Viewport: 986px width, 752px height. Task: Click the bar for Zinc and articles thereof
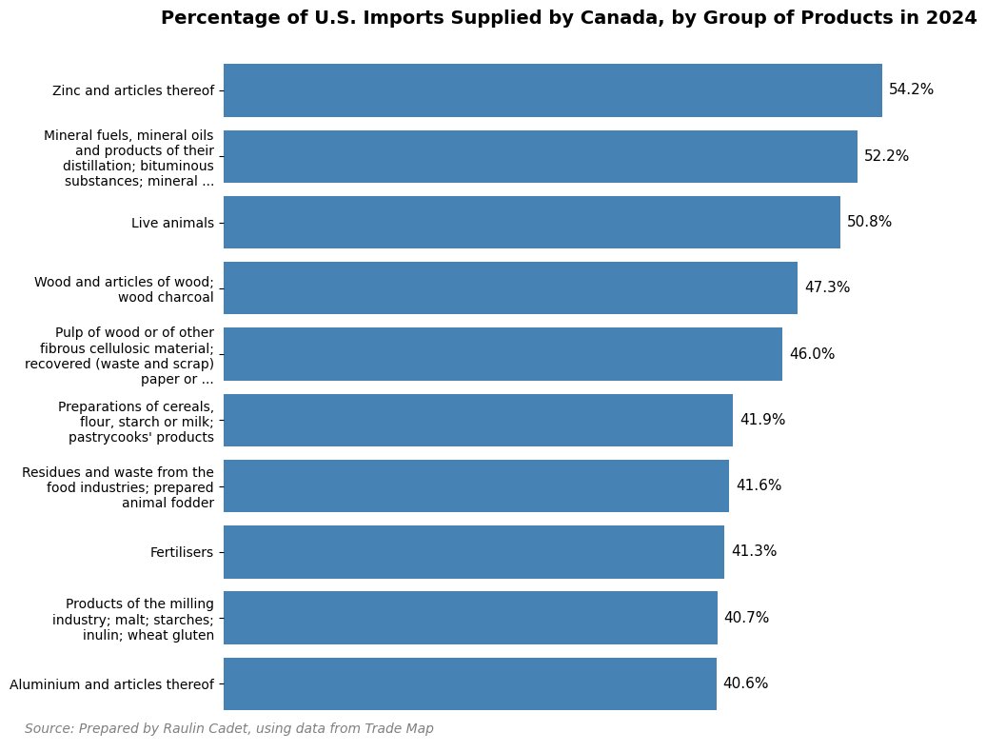pos(552,90)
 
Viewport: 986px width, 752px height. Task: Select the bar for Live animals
pos(531,223)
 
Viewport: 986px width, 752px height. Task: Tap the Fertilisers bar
pos(473,552)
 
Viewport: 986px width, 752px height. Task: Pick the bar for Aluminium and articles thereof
pos(469,683)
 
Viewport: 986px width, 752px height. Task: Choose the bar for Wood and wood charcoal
pos(510,288)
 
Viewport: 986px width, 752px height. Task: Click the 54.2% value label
pos(911,90)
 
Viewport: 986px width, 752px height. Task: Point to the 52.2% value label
pos(886,156)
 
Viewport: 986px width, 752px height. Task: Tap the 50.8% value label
pos(869,222)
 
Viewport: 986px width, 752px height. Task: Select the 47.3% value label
pos(826,287)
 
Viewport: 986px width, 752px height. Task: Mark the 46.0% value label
pos(812,354)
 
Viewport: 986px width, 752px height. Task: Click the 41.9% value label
pos(762,420)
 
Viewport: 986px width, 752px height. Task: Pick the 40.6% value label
pos(745,683)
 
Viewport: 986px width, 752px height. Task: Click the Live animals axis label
pos(172,223)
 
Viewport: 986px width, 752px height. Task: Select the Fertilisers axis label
pos(182,552)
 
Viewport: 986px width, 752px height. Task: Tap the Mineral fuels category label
pos(128,158)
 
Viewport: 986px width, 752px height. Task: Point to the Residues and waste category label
pos(118,486)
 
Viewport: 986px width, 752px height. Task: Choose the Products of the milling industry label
pos(133,619)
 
